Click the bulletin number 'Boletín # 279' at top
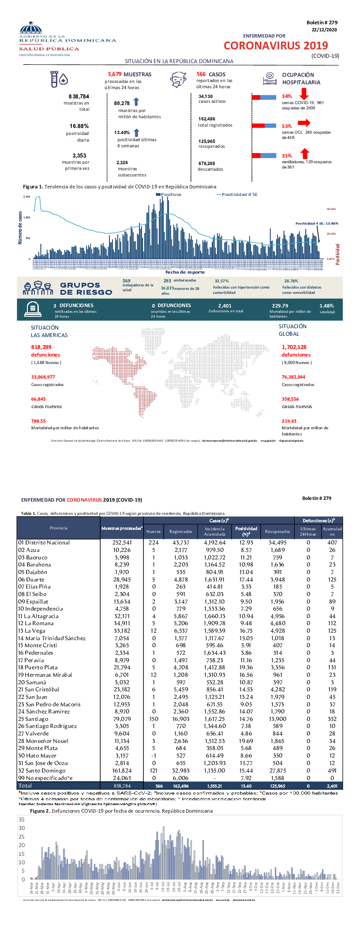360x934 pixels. (x=322, y=23)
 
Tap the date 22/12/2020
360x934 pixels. (x=324, y=30)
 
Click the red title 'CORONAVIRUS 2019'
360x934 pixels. (x=276, y=46)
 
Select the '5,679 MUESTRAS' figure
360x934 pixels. (x=130, y=75)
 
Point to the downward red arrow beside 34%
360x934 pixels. (x=304, y=94)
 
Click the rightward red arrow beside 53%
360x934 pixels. (x=304, y=123)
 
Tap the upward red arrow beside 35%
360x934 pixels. (x=304, y=154)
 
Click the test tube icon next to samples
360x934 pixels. (x=54, y=79)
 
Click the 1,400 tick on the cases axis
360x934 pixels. (x=26, y=218)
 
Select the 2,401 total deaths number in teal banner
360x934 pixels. (x=225, y=305)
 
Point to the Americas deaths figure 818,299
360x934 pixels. (x=41, y=347)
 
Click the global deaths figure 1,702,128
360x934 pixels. (x=294, y=347)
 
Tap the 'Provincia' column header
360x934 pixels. (x=59, y=528)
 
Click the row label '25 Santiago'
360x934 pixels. (x=33, y=719)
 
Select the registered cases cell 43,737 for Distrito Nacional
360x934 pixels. (x=181, y=543)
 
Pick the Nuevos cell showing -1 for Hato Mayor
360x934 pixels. (x=154, y=756)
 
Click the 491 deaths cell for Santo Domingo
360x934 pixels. (x=332, y=770)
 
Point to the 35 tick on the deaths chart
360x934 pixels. (x=22, y=820)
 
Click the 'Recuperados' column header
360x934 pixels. (x=277, y=532)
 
